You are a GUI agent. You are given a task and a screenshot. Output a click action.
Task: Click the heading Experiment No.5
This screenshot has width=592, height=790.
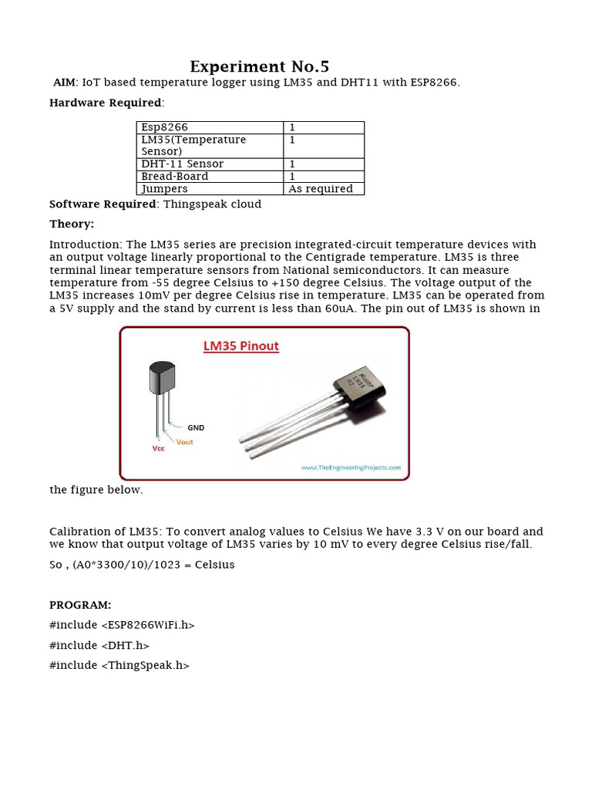(259, 66)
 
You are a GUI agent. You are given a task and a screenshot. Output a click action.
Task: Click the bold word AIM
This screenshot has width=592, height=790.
(64, 83)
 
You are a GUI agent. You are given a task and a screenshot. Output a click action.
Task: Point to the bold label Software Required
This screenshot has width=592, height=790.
(103, 204)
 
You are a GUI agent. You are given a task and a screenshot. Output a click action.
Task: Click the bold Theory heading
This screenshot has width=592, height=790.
(72, 225)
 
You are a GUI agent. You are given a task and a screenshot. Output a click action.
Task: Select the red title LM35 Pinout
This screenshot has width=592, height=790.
(240, 346)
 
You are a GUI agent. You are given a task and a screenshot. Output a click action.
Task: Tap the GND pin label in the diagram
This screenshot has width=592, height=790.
(196, 427)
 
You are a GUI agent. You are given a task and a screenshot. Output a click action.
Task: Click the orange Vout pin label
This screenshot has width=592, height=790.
(184, 442)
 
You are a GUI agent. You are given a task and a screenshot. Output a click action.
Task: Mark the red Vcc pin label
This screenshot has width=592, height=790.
(158, 448)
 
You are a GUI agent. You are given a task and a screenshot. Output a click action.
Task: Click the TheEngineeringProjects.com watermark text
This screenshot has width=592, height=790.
(351, 468)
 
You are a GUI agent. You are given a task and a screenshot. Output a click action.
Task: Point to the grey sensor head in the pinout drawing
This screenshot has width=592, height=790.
(161, 378)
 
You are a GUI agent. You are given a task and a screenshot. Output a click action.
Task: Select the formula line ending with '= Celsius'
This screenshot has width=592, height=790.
(142, 565)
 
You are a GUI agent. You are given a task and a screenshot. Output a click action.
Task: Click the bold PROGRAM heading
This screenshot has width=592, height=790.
(80, 605)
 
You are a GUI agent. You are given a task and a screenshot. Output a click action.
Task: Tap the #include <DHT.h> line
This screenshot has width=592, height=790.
(99, 645)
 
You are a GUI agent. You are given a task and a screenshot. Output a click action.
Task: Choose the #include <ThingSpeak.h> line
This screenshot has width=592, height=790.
(119, 665)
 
